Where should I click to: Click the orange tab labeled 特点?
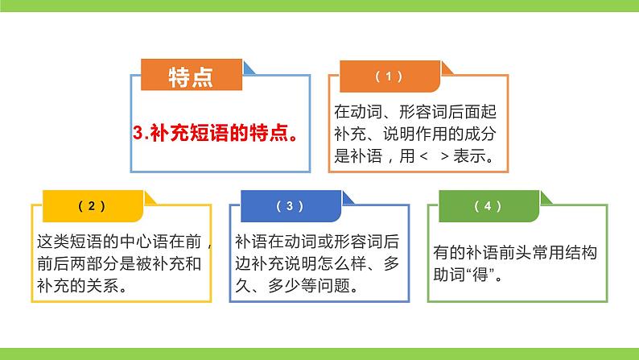(191, 77)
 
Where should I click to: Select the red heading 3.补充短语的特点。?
(213, 134)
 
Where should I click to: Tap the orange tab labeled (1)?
(389, 77)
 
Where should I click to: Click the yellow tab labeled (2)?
(91, 206)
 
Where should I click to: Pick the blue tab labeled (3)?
(290, 206)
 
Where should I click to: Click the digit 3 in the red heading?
(137, 134)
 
